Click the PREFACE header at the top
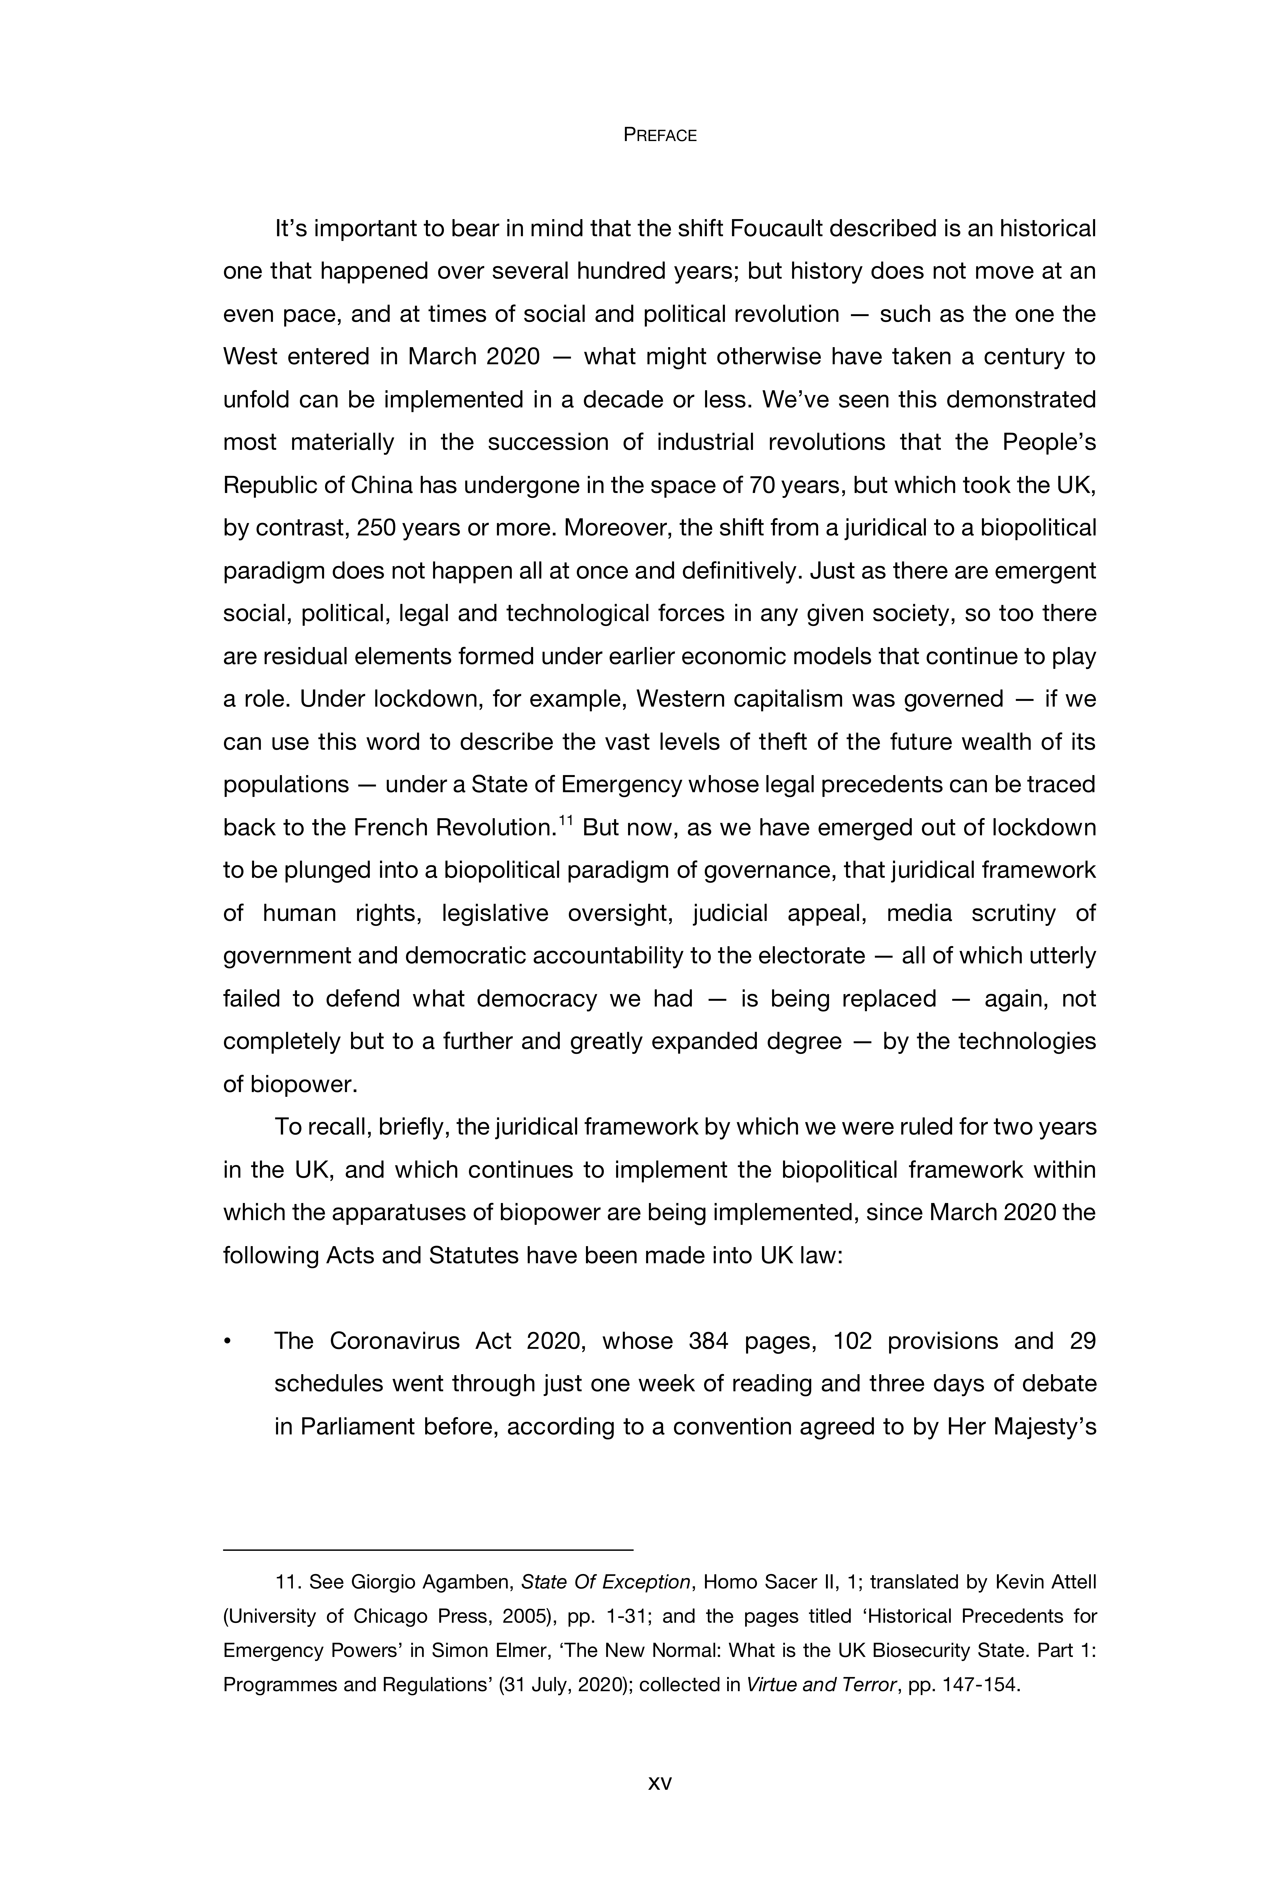point(659,136)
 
